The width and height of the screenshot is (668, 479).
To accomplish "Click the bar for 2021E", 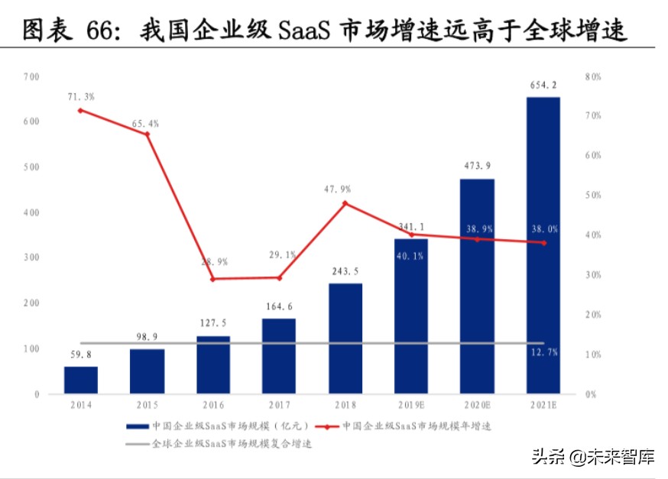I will [543, 244].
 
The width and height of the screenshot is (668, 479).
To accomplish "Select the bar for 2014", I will [80, 380].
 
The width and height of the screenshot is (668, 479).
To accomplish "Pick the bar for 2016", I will [212, 364].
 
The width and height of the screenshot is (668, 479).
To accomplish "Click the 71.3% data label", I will [80, 97].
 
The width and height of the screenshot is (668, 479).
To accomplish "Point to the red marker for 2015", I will [147, 134].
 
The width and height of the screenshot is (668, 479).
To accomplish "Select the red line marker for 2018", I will [345, 203].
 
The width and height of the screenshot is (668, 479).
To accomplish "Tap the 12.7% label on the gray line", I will [543, 351].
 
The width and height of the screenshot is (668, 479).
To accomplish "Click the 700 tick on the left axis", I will [31, 76].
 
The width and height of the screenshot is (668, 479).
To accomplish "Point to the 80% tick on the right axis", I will [593, 76].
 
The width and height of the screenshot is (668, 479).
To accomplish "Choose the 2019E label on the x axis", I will [411, 405].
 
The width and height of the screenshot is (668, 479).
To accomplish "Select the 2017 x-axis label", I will [279, 405].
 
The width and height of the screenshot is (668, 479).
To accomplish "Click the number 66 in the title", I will [99, 31].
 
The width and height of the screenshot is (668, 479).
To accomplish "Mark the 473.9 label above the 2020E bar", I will [478, 166].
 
